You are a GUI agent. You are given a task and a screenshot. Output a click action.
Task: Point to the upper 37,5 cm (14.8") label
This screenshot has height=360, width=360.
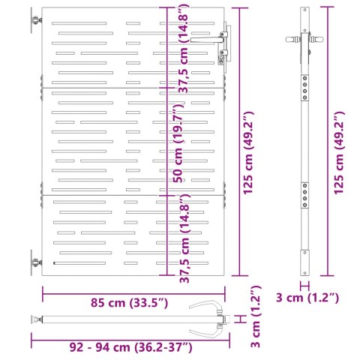pyautogui.click(x=182, y=49)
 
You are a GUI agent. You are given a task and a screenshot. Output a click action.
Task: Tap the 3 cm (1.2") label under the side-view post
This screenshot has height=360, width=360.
pyautogui.click(x=308, y=298)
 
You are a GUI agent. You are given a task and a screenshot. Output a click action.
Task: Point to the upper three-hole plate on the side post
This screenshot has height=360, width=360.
pyautogui.click(x=304, y=86)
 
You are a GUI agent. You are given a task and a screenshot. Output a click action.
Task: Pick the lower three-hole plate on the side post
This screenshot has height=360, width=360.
pyautogui.click(x=304, y=196)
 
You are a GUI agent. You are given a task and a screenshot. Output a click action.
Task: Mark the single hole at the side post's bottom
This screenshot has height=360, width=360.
pyautogui.click(x=304, y=272)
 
